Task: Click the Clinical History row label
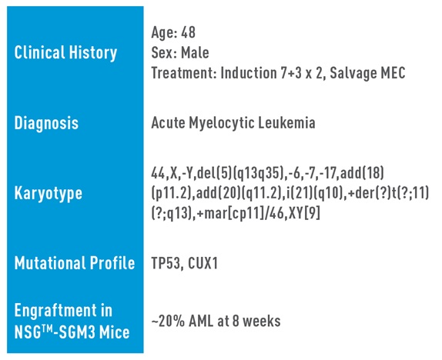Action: [66, 53]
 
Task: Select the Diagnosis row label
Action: [46, 123]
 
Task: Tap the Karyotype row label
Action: [49, 193]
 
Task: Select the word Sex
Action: [162, 53]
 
